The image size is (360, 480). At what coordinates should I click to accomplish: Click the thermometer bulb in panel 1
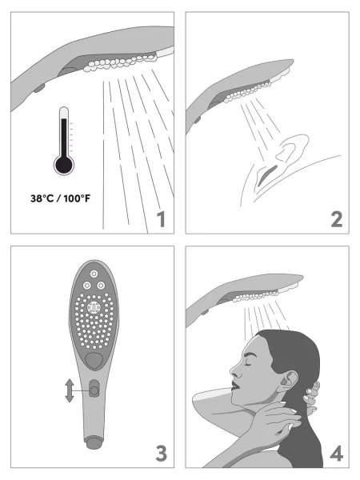point(63,166)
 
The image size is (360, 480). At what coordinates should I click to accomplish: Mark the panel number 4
point(335,454)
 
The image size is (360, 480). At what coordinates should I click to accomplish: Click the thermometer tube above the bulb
point(63,132)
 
